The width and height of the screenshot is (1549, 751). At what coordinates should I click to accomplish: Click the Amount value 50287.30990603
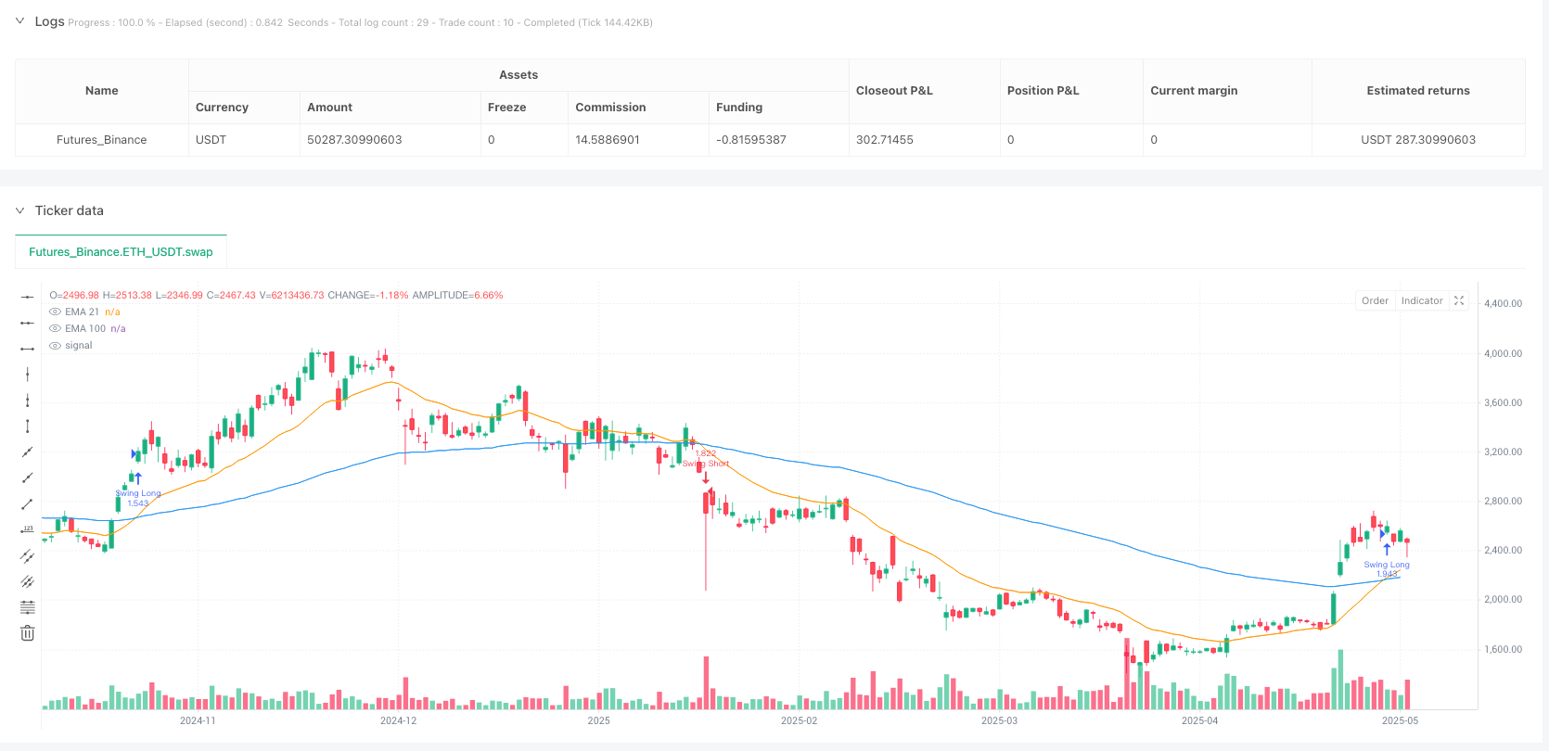point(354,140)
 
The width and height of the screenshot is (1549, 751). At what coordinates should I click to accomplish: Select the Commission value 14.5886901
point(608,140)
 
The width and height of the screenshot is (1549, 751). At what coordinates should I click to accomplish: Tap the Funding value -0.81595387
point(750,140)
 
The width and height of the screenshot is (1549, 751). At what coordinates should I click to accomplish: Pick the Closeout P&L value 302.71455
point(884,140)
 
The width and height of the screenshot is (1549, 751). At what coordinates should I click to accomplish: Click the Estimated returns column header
point(1417,91)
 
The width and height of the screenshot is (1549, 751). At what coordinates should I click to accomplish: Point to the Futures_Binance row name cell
point(101,140)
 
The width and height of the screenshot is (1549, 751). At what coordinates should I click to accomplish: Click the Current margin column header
point(1194,91)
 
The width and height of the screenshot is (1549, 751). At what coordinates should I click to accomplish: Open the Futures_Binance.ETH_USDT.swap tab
point(121,252)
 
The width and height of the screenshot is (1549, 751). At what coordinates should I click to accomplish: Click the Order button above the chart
point(1375,300)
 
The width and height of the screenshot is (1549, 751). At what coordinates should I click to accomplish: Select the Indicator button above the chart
point(1421,300)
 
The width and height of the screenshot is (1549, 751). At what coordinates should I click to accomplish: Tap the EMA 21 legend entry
point(82,312)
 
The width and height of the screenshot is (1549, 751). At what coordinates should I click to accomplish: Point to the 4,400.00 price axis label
point(1503,303)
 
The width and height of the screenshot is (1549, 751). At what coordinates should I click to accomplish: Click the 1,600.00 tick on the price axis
point(1503,649)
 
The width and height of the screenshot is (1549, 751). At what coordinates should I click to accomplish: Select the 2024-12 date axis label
point(398,720)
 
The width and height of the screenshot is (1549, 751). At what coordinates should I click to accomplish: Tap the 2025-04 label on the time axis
point(1199,720)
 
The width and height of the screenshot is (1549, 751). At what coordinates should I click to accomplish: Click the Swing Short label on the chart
point(706,464)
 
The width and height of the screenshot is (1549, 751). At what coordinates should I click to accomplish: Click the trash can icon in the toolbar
point(28,633)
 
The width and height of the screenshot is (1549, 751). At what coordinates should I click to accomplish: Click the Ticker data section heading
point(69,210)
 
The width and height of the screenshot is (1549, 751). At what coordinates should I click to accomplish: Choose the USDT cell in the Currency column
point(211,140)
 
